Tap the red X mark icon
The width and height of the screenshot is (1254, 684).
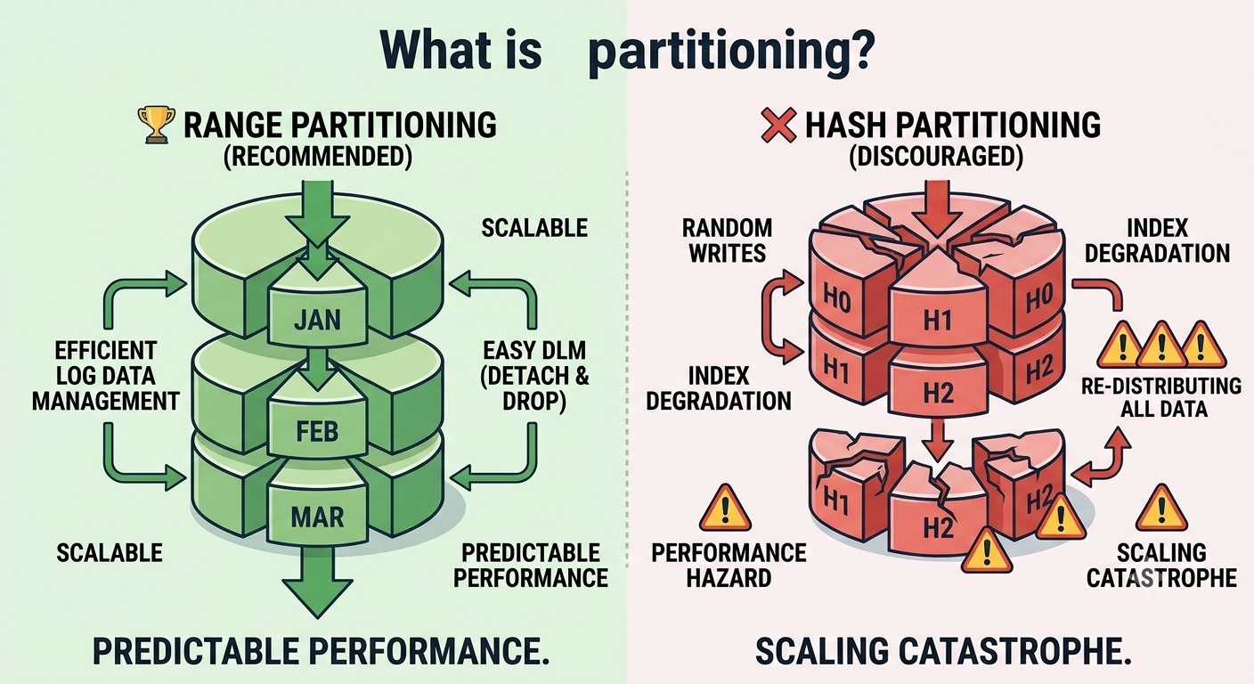point(778,125)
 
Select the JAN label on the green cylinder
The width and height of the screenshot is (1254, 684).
point(317,321)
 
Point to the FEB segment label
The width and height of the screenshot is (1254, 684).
point(317,432)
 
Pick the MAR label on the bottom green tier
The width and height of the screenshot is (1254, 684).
point(317,517)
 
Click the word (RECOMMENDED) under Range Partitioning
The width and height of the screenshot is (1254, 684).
point(318,157)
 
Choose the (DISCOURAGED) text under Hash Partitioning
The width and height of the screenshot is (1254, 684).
point(936,157)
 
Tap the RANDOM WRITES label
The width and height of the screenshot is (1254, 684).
point(728,240)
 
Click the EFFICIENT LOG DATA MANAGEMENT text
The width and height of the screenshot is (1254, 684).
point(106,376)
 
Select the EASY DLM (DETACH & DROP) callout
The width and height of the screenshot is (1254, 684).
point(534,376)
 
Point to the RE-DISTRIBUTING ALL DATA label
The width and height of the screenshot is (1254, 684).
point(1161,397)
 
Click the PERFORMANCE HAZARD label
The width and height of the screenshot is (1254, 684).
point(729,566)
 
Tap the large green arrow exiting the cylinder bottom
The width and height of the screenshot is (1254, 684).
point(317,582)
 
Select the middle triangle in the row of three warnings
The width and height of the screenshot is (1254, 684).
point(1161,344)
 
